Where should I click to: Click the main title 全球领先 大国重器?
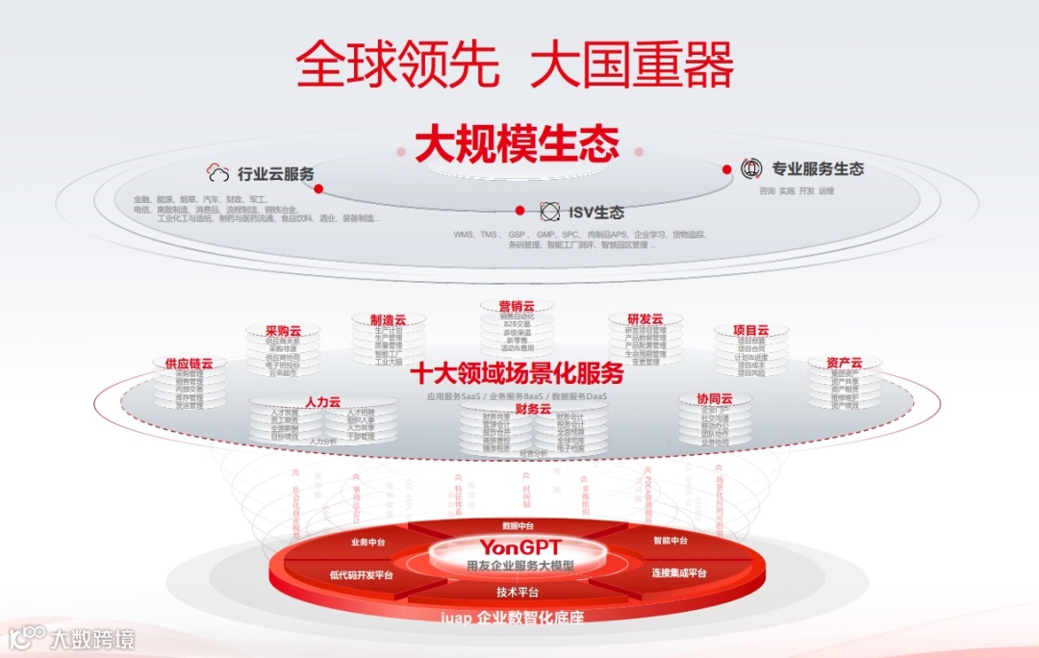515,65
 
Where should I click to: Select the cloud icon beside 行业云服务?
219,174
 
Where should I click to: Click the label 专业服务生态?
818,169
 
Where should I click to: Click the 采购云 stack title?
283,330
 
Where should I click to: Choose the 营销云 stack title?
517,306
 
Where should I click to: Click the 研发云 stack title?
645,319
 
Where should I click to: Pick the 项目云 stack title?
750,330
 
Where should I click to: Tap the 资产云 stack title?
844,363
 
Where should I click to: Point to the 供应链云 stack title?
189,364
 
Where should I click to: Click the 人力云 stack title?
322,401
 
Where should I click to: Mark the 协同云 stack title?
715,398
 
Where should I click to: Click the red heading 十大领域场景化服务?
517,372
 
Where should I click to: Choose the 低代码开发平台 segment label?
361,575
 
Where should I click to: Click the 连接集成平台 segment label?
678,573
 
